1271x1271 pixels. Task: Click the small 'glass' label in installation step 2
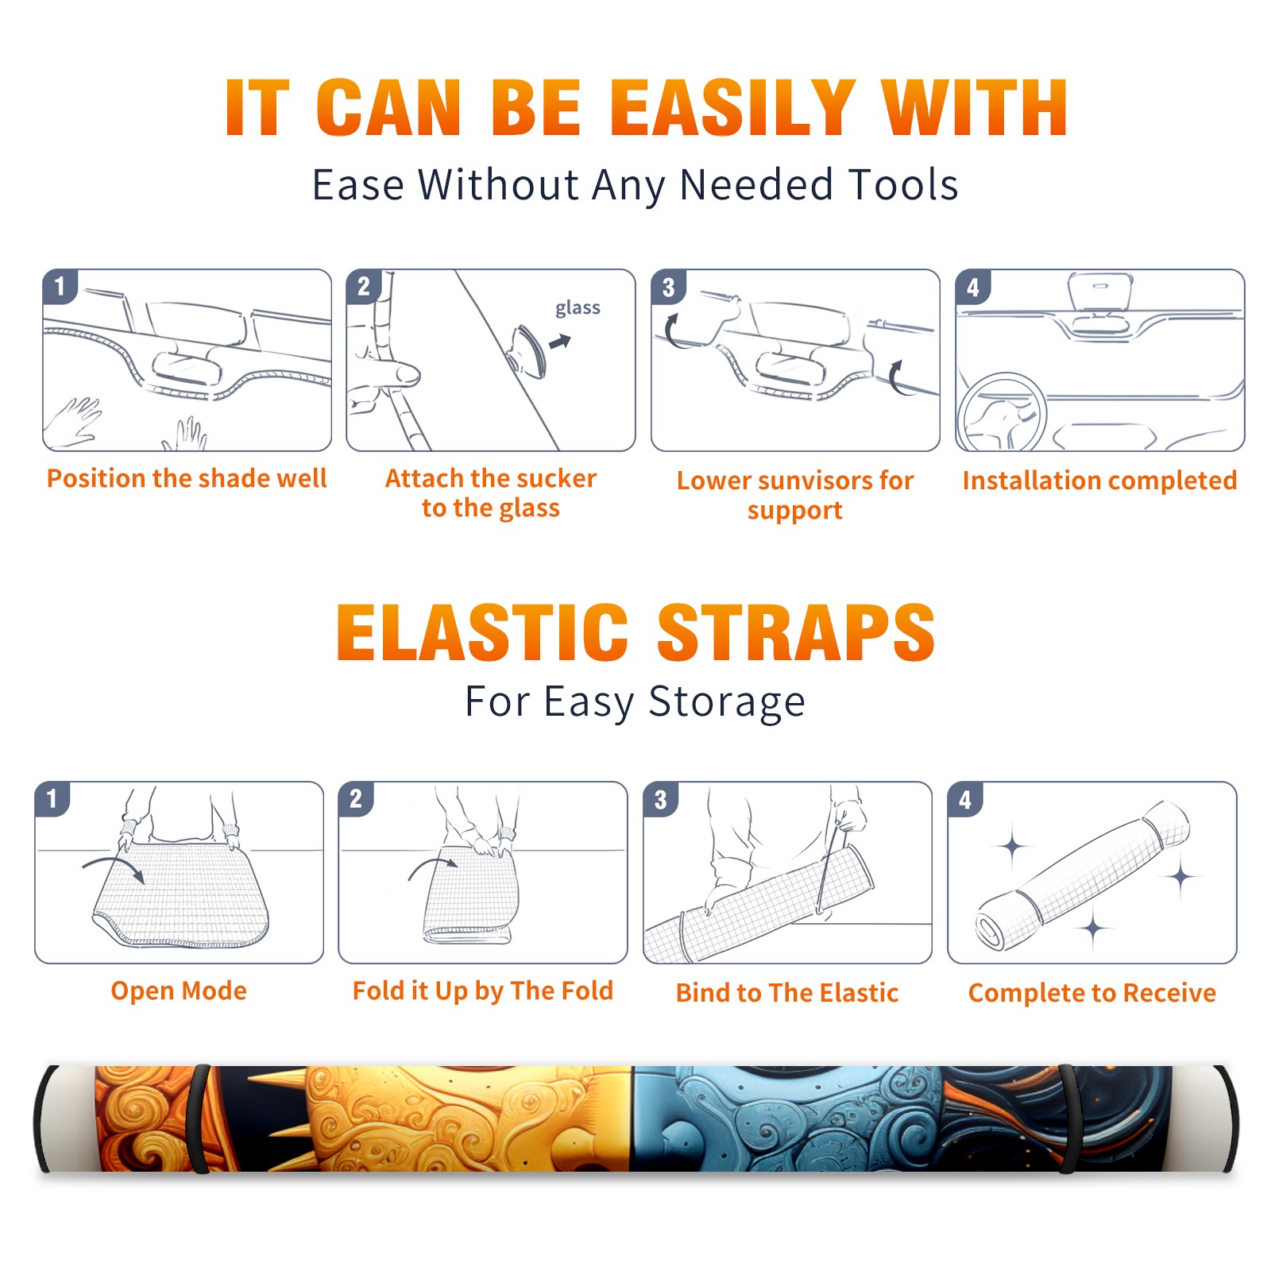point(578,308)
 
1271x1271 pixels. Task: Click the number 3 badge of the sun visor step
point(668,287)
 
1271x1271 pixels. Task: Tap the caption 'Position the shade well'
point(187,478)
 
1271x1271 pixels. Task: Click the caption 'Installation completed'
point(1099,481)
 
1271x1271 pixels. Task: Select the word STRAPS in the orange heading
point(796,632)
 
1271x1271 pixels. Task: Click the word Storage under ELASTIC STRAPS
point(727,702)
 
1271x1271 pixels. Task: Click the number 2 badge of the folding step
point(356,798)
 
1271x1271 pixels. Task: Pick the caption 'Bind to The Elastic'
point(786,992)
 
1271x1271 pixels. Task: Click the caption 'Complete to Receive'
point(1091,992)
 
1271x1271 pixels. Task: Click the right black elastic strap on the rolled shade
point(1069,1118)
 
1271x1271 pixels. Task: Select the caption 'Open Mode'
point(179,991)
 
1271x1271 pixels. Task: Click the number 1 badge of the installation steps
point(60,286)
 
